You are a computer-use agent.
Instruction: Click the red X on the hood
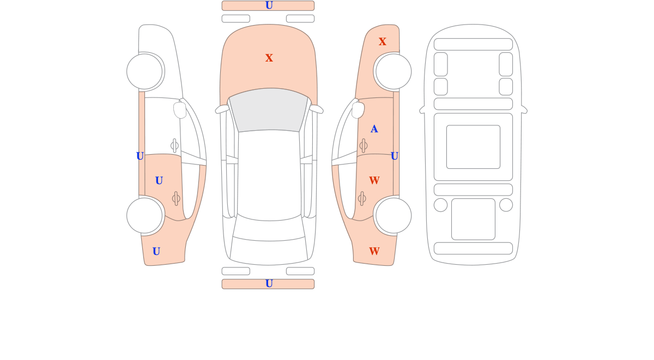pyautogui.click(x=269, y=58)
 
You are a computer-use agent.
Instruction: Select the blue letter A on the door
pyautogui.click(x=374, y=129)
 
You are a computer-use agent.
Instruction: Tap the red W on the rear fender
pyautogui.click(x=374, y=251)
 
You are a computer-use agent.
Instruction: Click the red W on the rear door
pyautogui.click(x=374, y=180)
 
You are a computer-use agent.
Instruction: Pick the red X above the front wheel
pyautogui.click(x=382, y=41)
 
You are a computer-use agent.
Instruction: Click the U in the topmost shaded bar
pyautogui.click(x=269, y=5)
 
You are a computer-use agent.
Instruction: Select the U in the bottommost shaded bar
pyautogui.click(x=269, y=284)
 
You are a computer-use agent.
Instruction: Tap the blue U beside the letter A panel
pyautogui.click(x=394, y=156)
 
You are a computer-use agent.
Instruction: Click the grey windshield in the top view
pyautogui.click(x=269, y=109)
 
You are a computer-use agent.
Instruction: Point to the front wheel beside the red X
pyautogui.click(x=393, y=71)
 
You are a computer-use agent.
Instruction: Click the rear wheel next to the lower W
pyautogui.click(x=393, y=216)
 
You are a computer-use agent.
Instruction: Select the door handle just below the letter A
pyautogui.click(x=363, y=145)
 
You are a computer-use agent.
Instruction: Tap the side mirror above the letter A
pyautogui.click(x=358, y=110)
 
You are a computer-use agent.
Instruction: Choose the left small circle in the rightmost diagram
pyautogui.click(x=440, y=205)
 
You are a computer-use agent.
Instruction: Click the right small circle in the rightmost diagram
pyautogui.click(x=506, y=205)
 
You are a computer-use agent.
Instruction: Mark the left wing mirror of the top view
pyautogui.click(x=222, y=109)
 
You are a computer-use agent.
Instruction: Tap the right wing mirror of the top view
pyautogui.click(x=316, y=109)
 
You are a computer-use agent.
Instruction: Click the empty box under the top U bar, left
pyautogui.click(x=236, y=19)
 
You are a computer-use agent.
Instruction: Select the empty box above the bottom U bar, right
pyautogui.click(x=300, y=271)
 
